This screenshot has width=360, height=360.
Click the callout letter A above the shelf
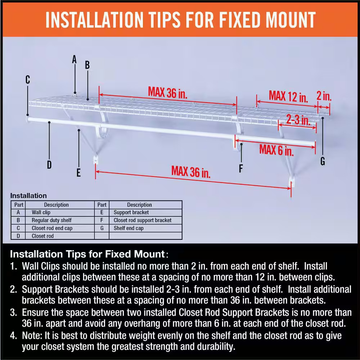click(x=75, y=59)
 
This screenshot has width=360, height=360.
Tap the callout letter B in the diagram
click(x=87, y=65)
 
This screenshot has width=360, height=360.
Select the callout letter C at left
click(x=28, y=80)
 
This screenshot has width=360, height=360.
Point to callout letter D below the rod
click(x=49, y=165)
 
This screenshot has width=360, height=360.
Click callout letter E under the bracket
click(x=78, y=173)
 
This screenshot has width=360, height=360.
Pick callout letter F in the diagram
click(x=241, y=168)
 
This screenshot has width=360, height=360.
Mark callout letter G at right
click(x=323, y=162)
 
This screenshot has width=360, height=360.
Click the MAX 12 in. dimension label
click(x=288, y=96)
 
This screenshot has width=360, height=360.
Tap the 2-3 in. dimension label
click(x=298, y=120)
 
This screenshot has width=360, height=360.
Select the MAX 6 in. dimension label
click(x=276, y=149)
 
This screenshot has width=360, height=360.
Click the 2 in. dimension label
click(x=324, y=96)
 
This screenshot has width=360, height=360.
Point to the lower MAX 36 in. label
click(x=191, y=171)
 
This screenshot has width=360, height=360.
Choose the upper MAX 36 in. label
click(x=168, y=93)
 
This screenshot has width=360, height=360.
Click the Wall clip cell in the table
click(x=41, y=212)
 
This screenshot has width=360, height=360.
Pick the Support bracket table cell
click(x=131, y=212)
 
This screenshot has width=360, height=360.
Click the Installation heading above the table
click(x=28, y=196)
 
